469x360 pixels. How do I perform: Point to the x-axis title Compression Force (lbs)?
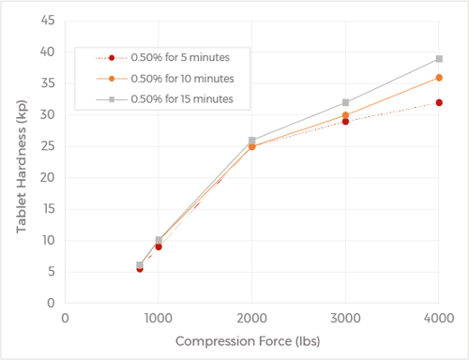(252, 342)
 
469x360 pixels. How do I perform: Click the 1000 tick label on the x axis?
(159, 319)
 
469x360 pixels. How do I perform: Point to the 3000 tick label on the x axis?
(345, 319)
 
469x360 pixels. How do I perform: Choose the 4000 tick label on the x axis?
(439, 319)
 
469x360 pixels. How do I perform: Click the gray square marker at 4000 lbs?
(439, 59)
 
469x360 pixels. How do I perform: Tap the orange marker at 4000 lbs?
(439, 78)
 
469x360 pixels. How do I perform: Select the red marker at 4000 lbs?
(439, 103)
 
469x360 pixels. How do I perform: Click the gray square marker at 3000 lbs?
(346, 103)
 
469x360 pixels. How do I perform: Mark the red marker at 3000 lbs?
(346, 122)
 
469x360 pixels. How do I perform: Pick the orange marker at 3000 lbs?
(346, 115)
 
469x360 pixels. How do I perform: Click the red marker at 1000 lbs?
(159, 247)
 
